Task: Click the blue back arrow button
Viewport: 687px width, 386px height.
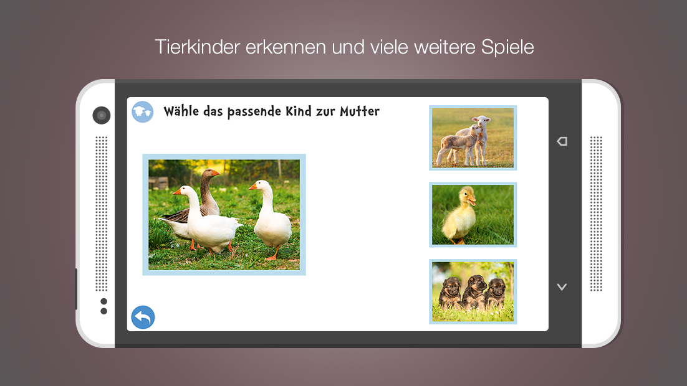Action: pyautogui.click(x=143, y=318)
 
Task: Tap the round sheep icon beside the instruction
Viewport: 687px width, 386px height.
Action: pyautogui.click(x=142, y=112)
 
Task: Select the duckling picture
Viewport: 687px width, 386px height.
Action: pyautogui.click(x=473, y=215)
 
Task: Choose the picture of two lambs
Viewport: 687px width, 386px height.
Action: pyautogui.click(x=473, y=138)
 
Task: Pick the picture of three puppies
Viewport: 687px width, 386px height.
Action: pyautogui.click(x=473, y=291)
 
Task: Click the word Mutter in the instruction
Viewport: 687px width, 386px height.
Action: pyautogui.click(x=360, y=111)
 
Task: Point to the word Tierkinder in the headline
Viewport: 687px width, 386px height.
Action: pyautogui.click(x=197, y=47)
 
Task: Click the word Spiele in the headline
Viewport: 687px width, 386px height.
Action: pyautogui.click(x=507, y=47)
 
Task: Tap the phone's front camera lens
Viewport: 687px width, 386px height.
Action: pyautogui.click(x=102, y=116)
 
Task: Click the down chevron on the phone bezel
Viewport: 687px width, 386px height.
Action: pyautogui.click(x=562, y=287)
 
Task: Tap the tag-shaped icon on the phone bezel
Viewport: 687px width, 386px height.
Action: pyautogui.click(x=562, y=141)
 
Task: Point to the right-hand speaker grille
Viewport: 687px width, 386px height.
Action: pyautogui.click(x=596, y=214)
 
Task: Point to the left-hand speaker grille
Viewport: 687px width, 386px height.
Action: pyautogui.click(x=102, y=214)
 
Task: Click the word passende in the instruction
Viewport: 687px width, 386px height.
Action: pyautogui.click(x=254, y=111)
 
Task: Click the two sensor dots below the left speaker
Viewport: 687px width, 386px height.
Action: pyautogui.click(x=104, y=306)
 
